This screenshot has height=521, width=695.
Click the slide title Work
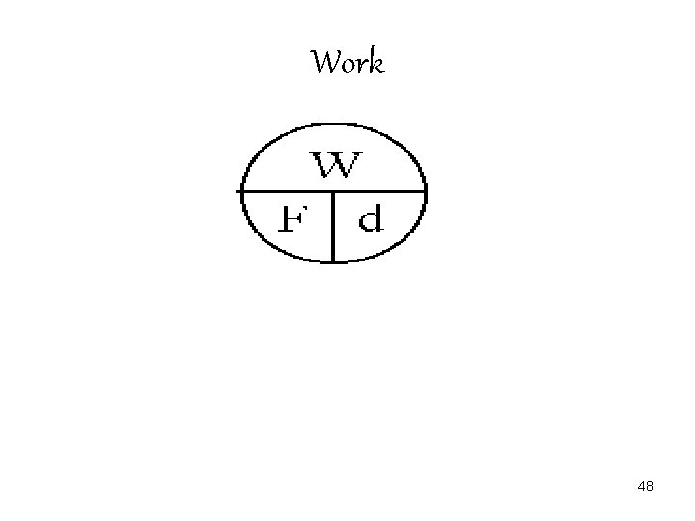347,64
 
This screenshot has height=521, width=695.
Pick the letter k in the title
375,64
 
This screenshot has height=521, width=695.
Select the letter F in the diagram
292,221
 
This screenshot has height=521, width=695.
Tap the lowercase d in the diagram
371,218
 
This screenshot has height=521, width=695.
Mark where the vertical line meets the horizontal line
333,191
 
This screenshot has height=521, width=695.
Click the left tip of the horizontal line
239,191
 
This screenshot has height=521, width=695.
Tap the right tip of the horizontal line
426,191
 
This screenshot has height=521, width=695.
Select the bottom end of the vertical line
333,261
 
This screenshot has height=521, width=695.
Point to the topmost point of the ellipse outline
333,123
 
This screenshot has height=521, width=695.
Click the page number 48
645,487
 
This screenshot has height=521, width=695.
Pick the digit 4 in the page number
641,487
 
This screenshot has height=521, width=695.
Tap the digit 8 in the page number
650,487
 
